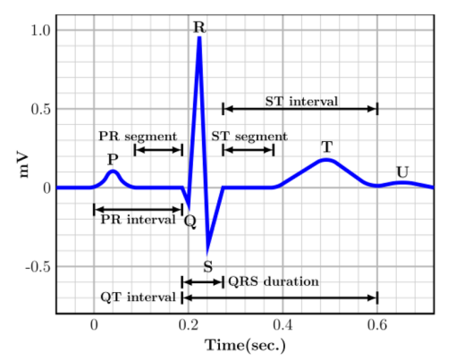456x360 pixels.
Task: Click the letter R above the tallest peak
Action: point(199,28)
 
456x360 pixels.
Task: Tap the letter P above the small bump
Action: point(113,160)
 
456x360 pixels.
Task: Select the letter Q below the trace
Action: point(190,222)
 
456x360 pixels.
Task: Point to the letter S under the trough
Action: point(208,267)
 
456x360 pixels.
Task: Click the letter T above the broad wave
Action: point(327,147)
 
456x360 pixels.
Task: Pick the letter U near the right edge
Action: point(402,172)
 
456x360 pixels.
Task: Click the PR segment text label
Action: point(138,137)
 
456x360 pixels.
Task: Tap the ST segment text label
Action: point(249,137)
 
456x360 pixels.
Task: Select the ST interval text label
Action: point(301,102)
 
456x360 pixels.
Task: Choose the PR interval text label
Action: point(138,220)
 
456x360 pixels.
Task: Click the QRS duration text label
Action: point(274,281)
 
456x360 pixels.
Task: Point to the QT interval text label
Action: point(138,297)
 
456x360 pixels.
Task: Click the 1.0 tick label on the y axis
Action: point(41,30)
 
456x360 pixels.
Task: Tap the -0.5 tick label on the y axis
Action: point(38,267)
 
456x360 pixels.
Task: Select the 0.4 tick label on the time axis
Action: point(283,325)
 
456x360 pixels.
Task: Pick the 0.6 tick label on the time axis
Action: point(377,325)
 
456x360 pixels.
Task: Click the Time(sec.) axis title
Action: point(245,346)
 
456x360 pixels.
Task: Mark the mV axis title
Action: point(23,164)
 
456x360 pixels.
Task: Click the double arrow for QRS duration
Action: point(202,282)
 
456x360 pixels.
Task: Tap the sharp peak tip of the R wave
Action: point(199,37)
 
